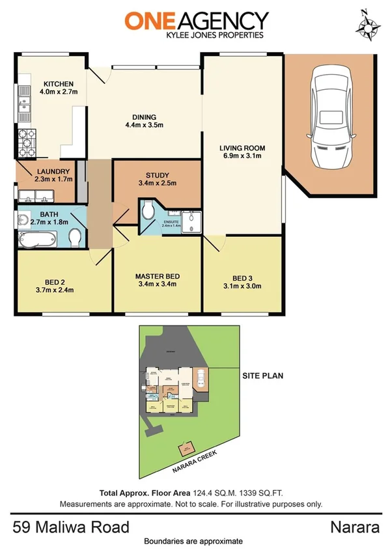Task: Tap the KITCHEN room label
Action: pyautogui.click(x=58, y=84)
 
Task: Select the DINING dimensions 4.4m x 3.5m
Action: pyautogui.click(x=144, y=126)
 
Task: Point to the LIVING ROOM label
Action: pyautogui.click(x=242, y=148)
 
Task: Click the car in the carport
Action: pyautogui.click(x=331, y=118)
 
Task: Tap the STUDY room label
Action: pyautogui.click(x=158, y=175)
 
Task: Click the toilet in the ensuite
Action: pyautogui.click(x=148, y=211)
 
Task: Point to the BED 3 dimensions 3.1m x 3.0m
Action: pyautogui.click(x=242, y=285)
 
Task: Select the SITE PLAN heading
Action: pyautogui.click(x=262, y=376)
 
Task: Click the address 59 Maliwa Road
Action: pyautogui.click(x=70, y=526)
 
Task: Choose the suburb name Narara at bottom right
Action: pyautogui.click(x=354, y=526)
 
